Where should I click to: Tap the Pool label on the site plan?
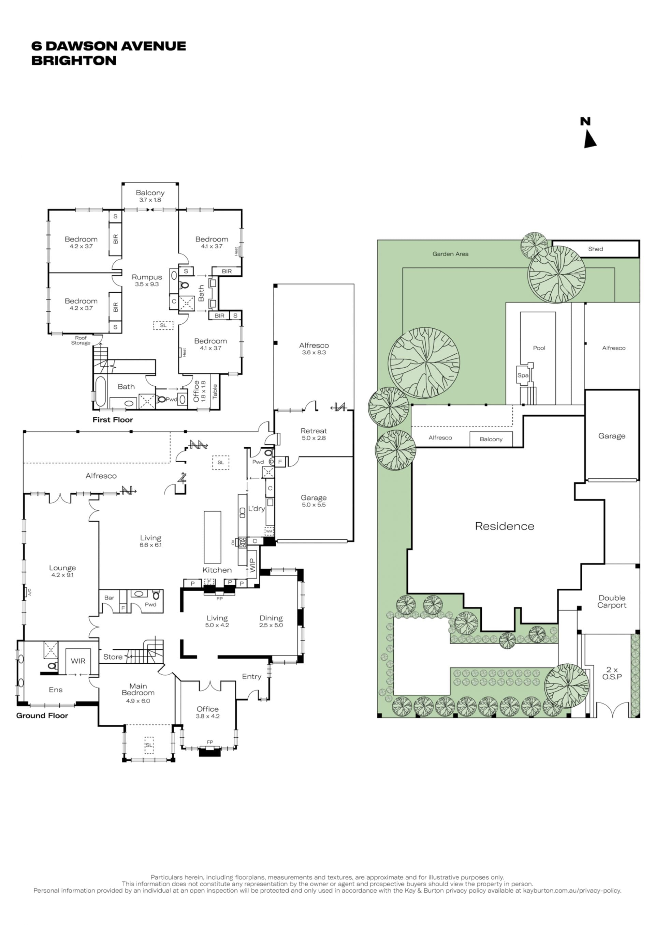tap(539, 348)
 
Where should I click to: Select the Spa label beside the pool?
tap(523, 375)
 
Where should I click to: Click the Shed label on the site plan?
tap(595, 249)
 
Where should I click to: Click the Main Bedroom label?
tap(138, 689)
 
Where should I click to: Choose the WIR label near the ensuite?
tap(78, 661)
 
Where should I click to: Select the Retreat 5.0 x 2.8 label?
tap(314, 434)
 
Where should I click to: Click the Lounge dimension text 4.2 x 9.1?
tap(62, 574)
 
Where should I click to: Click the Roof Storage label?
tap(81, 340)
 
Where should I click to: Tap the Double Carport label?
tap(612, 601)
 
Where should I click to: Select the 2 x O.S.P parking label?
tap(612, 673)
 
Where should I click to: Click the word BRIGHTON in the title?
tap(74, 60)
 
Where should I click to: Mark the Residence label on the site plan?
tap(505, 526)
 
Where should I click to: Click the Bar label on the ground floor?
tap(109, 598)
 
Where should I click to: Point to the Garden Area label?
tap(451, 254)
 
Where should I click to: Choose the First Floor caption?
tap(113, 419)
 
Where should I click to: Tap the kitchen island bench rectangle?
tap(213, 537)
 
